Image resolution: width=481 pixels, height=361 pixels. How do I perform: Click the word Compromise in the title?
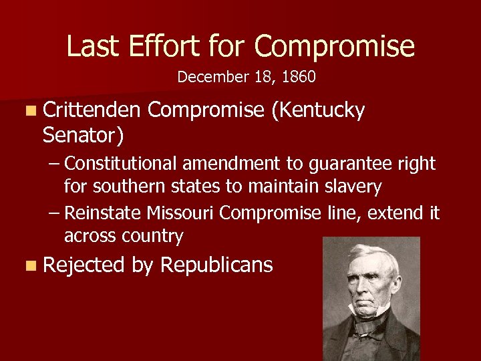coord(334,47)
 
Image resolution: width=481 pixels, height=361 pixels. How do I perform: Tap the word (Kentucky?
coord(319,111)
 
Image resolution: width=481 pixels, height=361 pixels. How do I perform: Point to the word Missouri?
coord(182,213)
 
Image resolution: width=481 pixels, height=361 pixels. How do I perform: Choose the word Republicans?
coord(216,265)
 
